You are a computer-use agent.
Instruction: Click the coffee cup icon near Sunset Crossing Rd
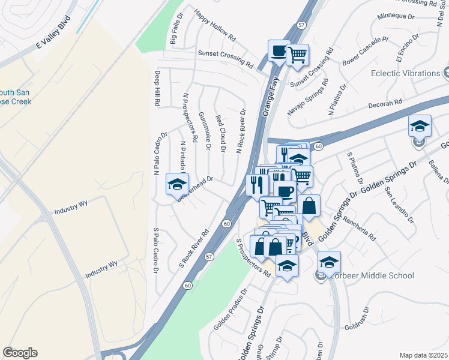point(279,51)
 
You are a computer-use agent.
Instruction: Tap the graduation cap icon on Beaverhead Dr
point(177,184)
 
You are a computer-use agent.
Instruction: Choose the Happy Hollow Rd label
point(214,26)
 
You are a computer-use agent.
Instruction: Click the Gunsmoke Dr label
point(205,130)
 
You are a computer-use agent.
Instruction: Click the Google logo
point(20,353)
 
